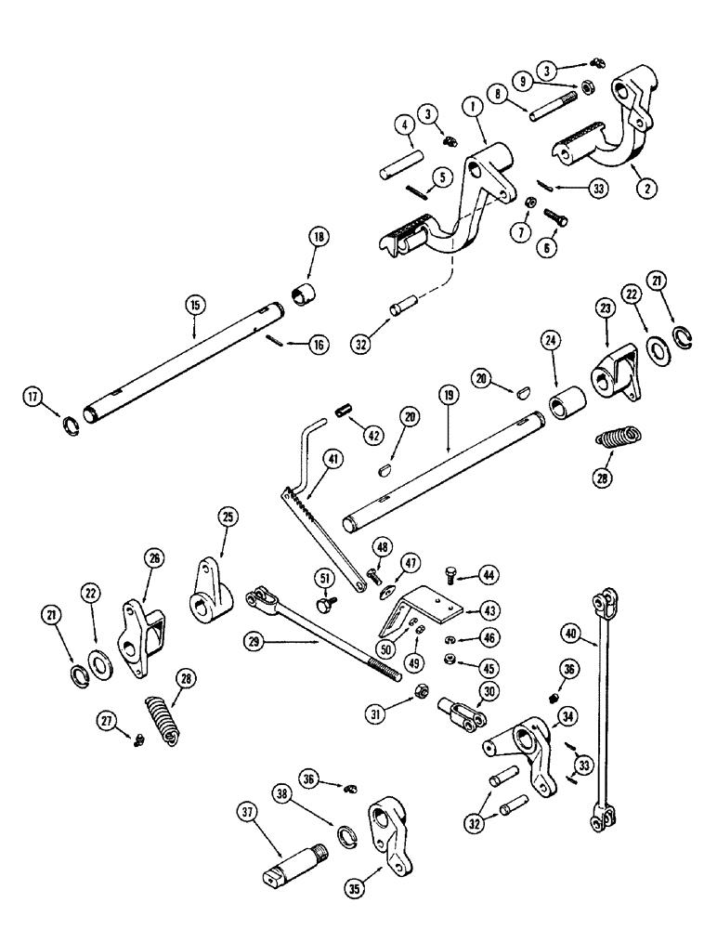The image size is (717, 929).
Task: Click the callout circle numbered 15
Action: coord(195,304)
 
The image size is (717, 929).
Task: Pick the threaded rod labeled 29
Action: coord(325,641)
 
